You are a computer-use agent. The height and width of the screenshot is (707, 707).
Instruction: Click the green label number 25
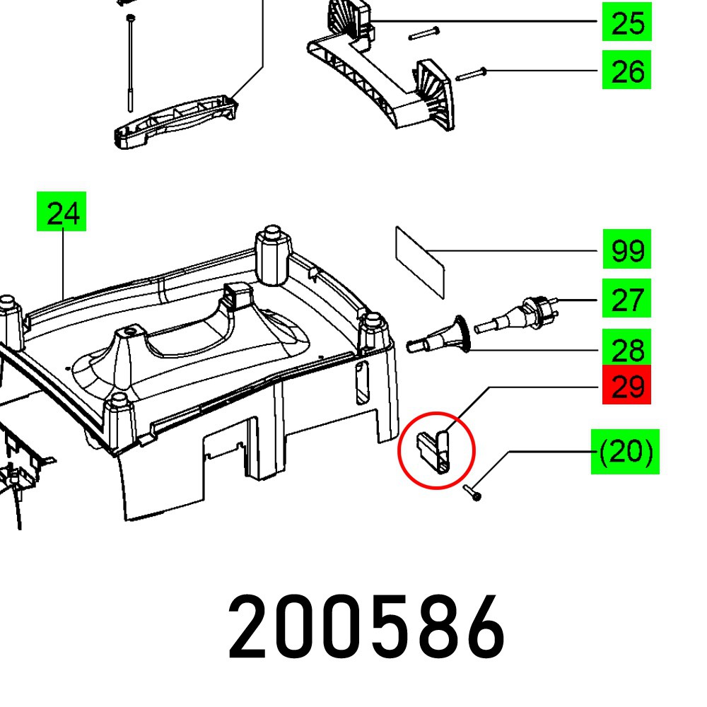(626, 23)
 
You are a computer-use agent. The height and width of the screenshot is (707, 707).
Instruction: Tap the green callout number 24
(63, 211)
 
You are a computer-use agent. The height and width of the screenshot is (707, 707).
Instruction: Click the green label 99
(626, 250)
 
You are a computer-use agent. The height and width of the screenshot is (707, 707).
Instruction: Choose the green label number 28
(626, 349)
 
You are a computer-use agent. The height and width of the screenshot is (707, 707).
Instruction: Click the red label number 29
(626, 386)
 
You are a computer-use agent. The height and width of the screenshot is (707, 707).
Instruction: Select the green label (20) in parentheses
(625, 452)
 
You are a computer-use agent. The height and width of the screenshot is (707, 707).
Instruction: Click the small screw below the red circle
(472, 493)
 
